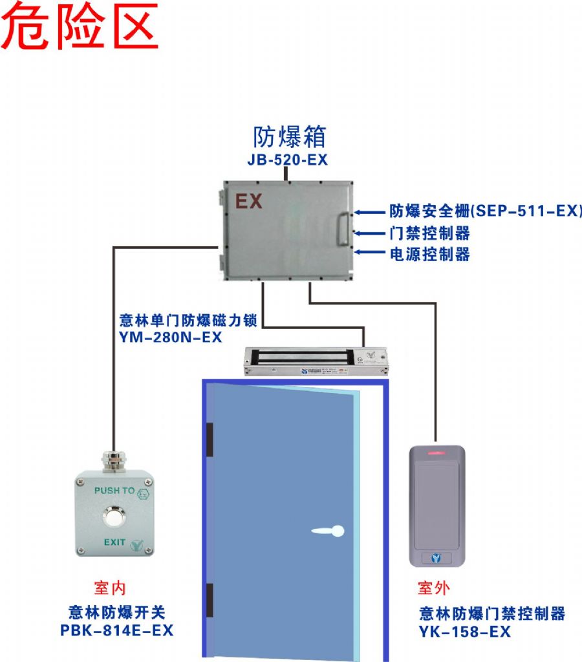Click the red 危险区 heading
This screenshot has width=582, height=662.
[80, 27]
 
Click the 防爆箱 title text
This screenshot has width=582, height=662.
[288, 137]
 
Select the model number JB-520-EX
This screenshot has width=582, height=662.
[287, 160]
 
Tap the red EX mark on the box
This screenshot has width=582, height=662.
[248, 202]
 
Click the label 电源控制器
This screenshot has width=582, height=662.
[429, 254]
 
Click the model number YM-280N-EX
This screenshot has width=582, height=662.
[171, 337]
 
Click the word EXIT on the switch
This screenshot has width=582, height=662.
[114, 542]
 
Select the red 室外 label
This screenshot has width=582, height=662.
[434, 588]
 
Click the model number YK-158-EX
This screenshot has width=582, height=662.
[465, 632]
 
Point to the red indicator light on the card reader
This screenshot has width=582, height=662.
[436, 451]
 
